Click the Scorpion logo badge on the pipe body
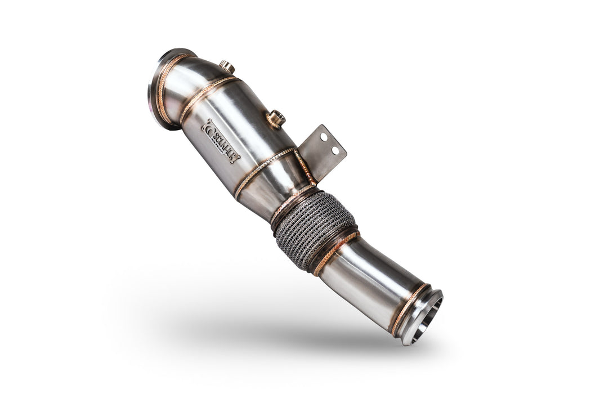pyautogui.click(x=220, y=141)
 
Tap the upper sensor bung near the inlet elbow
pyautogui.click(x=227, y=66)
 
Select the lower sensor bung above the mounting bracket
pyautogui.click(x=276, y=118)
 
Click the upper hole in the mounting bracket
pyautogui.click(x=324, y=137)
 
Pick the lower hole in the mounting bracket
pyautogui.click(x=335, y=150)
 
